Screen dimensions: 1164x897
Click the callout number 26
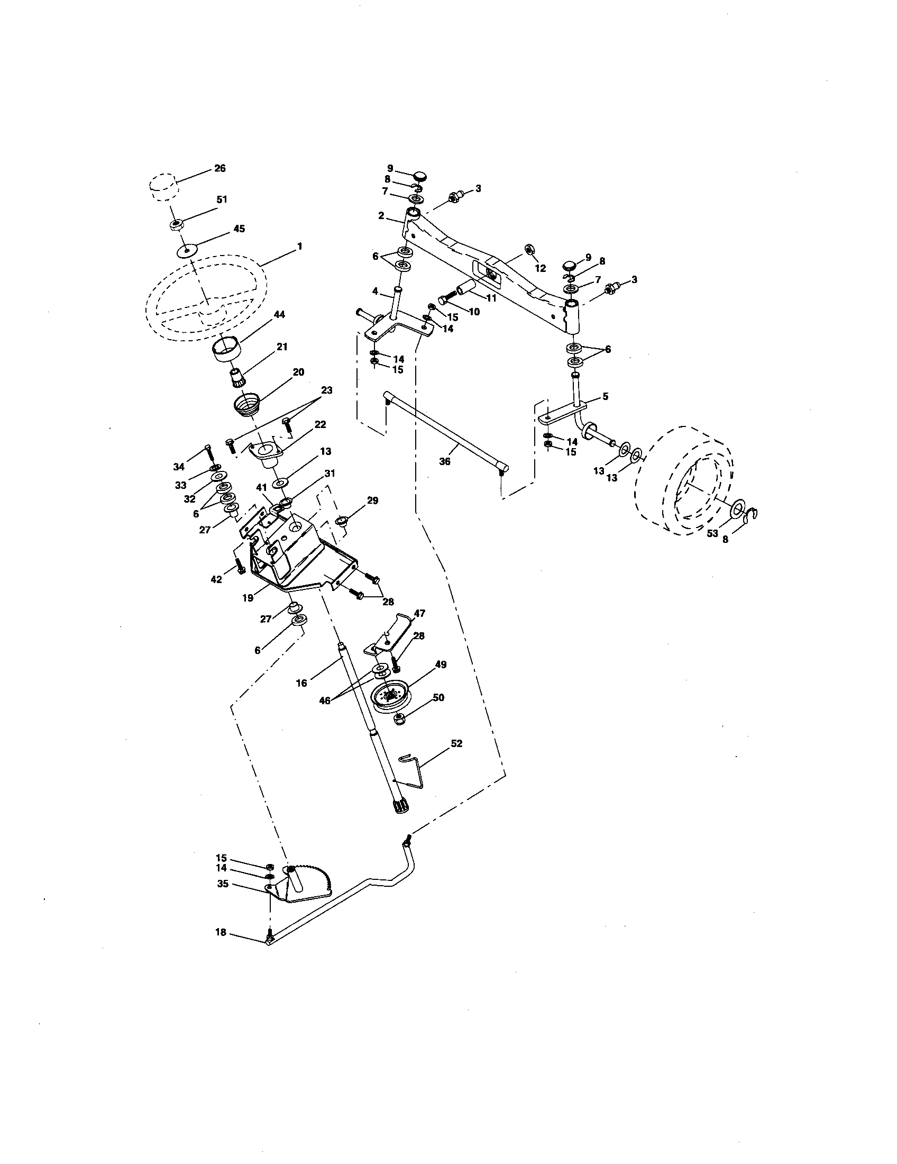[219, 168]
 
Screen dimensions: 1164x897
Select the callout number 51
[222, 199]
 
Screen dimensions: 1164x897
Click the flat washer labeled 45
[186, 249]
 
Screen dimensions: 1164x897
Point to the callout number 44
[279, 314]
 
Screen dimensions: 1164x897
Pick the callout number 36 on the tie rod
[444, 461]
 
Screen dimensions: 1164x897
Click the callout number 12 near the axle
[541, 268]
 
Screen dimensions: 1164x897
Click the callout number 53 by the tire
[712, 533]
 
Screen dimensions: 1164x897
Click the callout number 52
[456, 743]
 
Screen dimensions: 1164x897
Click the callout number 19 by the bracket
[248, 598]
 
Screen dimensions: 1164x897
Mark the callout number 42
[216, 580]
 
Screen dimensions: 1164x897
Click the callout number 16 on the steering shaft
[301, 683]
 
